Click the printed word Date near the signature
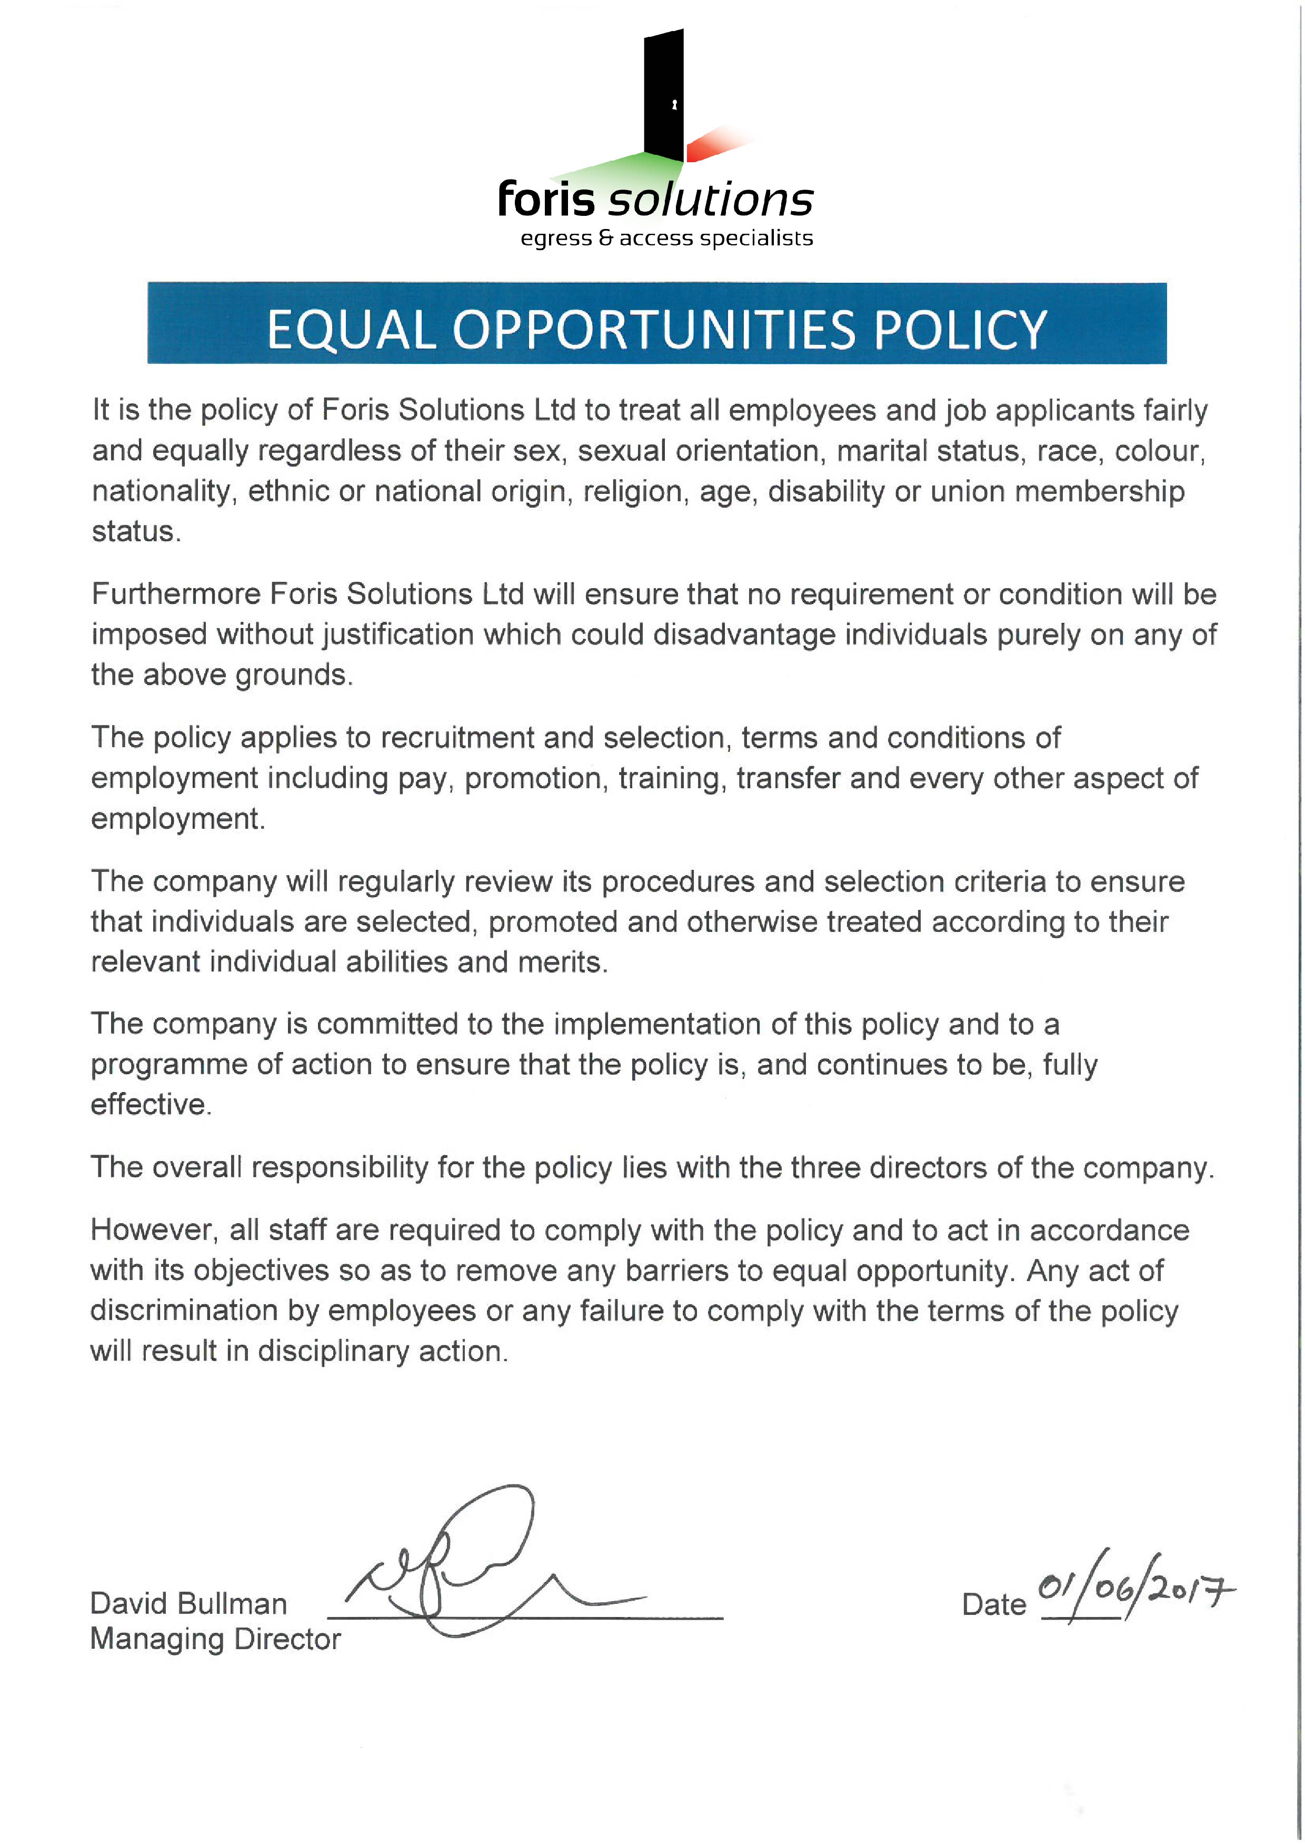tap(993, 1605)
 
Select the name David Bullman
tap(188, 1603)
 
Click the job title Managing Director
tap(215, 1639)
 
